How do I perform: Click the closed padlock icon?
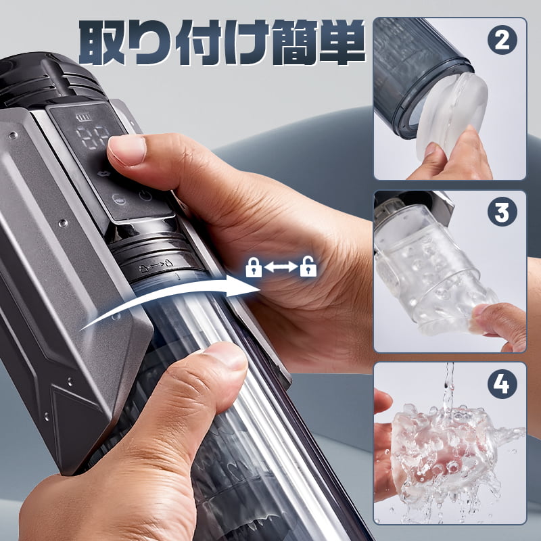[x=253, y=268]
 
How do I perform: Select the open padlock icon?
[x=308, y=268]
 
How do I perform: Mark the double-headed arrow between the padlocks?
[x=280, y=268]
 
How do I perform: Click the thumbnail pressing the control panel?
[x=127, y=150]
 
